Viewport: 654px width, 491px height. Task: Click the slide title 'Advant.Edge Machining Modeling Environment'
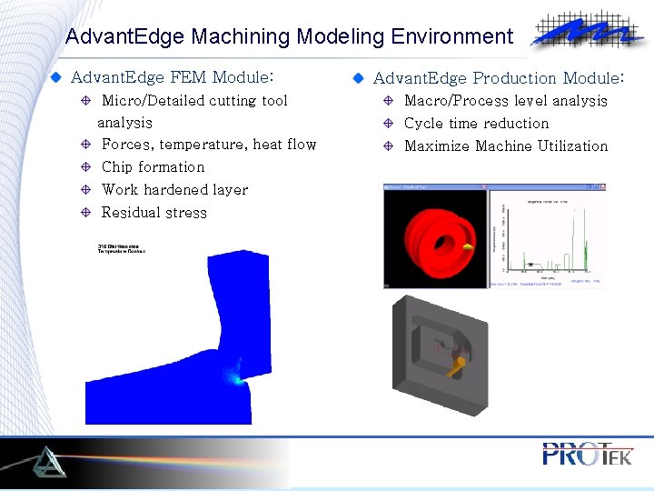[x=289, y=37]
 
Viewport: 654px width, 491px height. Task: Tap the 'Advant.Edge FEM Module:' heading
[x=172, y=77]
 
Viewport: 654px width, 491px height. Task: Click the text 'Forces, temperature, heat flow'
[x=209, y=145]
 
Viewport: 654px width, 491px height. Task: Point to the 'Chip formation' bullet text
[x=153, y=167]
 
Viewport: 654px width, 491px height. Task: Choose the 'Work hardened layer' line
[x=174, y=190]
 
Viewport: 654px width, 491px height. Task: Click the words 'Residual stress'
[x=154, y=213]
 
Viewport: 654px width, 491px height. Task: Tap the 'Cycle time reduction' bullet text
[x=476, y=124]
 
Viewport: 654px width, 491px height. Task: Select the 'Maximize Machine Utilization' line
[x=506, y=146]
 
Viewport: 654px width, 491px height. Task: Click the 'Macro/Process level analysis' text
[x=505, y=101]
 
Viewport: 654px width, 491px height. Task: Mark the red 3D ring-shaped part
[x=434, y=238]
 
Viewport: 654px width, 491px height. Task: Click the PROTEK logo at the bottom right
[x=586, y=454]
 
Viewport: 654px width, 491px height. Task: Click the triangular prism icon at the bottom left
[x=45, y=463]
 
